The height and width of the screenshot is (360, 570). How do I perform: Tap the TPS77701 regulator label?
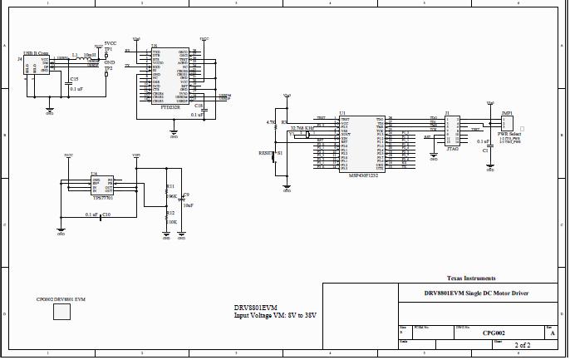point(102,199)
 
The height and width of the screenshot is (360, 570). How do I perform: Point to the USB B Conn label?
point(36,52)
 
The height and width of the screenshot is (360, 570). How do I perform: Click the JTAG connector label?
point(452,146)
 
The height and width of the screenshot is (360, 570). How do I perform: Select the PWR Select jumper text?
point(509,133)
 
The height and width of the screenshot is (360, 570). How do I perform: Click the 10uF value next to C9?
point(188,205)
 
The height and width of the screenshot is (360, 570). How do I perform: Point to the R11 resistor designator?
point(170,186)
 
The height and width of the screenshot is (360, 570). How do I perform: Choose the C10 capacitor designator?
point(106,215)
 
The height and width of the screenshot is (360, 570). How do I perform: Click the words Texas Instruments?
point(471,278)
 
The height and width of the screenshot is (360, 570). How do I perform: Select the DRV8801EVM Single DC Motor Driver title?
point(476,293)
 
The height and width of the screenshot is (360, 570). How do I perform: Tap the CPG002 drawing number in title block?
point(494,332)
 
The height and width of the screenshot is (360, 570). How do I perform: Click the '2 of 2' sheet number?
point(523,344)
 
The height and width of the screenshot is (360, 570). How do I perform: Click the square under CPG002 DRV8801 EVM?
point(62,312)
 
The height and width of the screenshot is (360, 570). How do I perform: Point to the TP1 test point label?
point(108,50)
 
